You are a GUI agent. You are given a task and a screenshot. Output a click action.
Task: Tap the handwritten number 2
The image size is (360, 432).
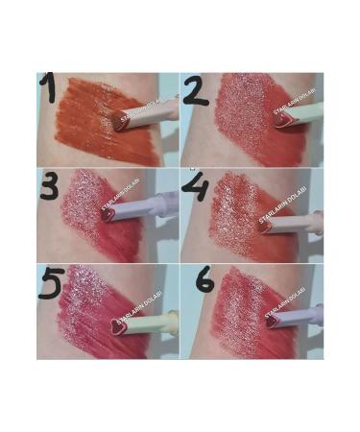[x=195, y=92]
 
